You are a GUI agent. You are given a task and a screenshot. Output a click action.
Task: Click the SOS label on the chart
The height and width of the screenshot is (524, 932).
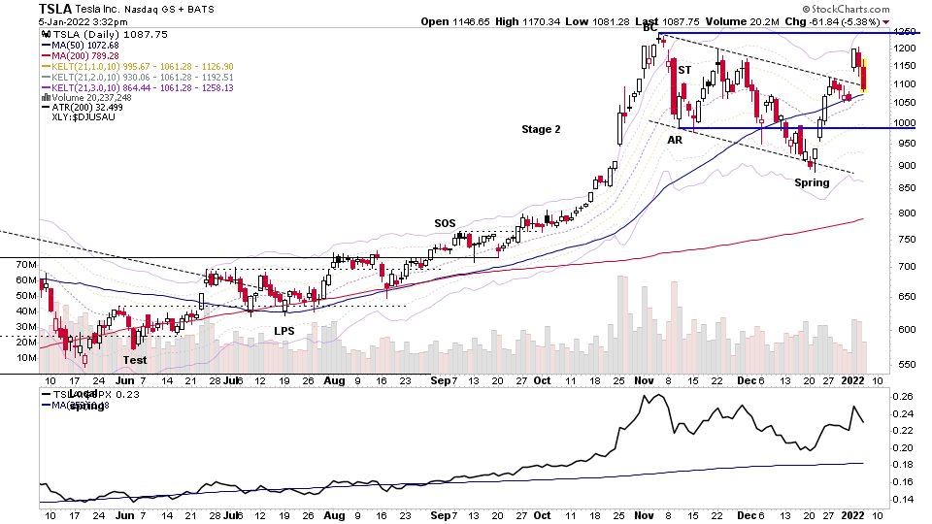[445, 223]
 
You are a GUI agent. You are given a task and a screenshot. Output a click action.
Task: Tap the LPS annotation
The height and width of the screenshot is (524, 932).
[283, 331]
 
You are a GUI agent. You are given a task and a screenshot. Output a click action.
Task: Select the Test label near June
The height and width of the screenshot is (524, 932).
[135, 359]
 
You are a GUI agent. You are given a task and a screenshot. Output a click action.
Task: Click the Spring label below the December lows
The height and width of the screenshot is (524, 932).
[811, 183]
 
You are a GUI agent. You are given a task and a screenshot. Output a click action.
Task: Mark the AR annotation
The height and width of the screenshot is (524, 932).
[675, 141]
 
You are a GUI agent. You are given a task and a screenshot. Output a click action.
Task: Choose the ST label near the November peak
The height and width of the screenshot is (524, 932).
[683, 70]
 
